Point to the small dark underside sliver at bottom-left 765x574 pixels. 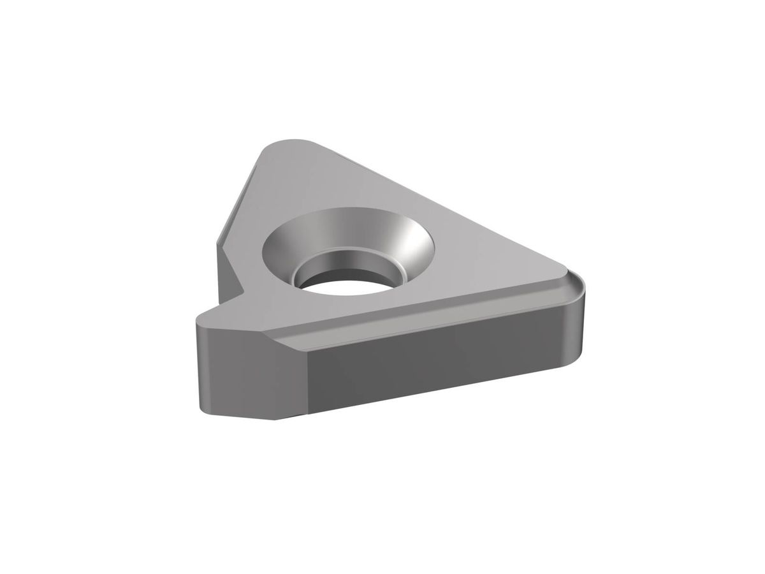(290, 418)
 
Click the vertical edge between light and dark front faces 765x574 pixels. (307, 383)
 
